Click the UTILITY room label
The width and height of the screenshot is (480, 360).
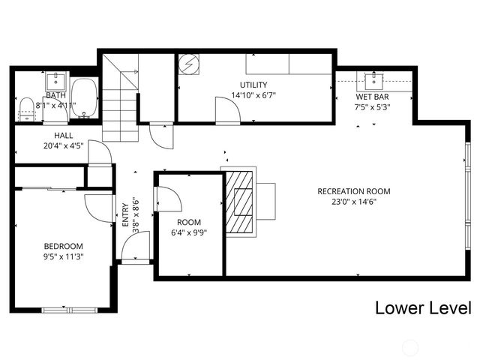pyautogui.click(x=253, y=85)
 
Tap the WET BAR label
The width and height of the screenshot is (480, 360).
pyautogui.click(x=372, y=96)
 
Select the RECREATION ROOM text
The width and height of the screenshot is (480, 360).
pyautogui.click(x=353, y=191)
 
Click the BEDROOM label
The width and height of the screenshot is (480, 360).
pyautogui.click(x=63, y=246)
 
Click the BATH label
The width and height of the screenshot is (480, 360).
pyautogui.click(x=56, y=95)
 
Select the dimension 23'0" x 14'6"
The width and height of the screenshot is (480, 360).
pyautogui.click(x=354, y=202)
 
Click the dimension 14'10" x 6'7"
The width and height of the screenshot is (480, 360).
pyautogui.click(x=253, y=95)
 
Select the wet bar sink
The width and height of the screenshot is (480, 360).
pyautogui.click(x=373, y=79)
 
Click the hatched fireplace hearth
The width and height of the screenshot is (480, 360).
pyautogui.click(x=239, y=202)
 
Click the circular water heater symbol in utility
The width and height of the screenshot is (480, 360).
pyautogui.click(x=187, y=65)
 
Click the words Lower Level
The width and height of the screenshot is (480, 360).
pyautogui.click(x=422, y=307)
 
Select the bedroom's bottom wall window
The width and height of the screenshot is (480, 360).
pyautogui.click(x=69, y=310)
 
